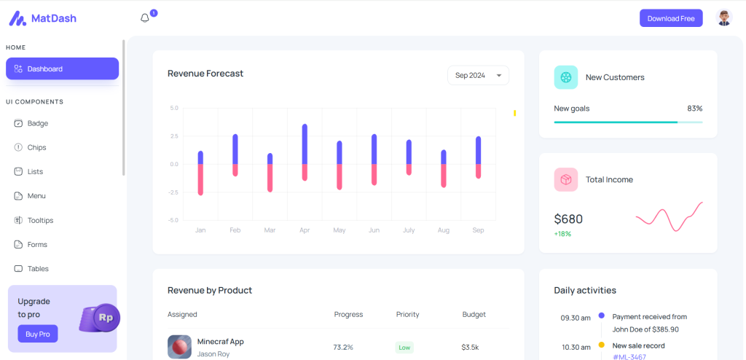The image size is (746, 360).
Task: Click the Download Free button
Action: [670, 18]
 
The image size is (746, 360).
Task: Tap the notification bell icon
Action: [144, 18]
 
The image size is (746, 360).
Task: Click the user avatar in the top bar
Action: [723, 18]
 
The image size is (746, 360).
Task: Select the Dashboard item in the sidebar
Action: [62, 69]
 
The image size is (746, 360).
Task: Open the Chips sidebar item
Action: [36, 147]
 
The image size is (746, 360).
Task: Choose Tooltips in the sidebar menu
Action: [40, 220]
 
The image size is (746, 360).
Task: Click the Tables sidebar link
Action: [38, 269]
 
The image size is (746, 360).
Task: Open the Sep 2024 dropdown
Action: [478, 75]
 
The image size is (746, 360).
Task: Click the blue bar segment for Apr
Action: [305, 144]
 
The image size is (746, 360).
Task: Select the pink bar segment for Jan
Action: [200, 179]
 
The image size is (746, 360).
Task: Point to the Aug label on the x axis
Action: [444, 230]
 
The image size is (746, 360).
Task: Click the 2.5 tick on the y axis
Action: [173, 136]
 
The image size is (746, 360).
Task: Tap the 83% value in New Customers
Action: [694, 109]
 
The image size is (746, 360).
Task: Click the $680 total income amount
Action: [568, 219]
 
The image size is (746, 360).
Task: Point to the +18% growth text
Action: [562, 234]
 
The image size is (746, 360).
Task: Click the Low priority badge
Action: [404, 348]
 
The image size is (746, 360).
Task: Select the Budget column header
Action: [474, 315]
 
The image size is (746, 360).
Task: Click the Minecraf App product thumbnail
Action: [179, 347]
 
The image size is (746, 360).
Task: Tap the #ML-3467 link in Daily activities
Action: [629, 356]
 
